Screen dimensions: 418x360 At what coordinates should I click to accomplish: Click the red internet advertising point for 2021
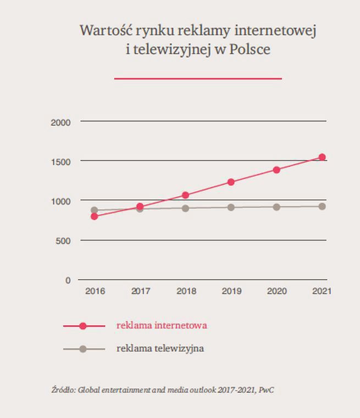pyautogui.click(x=322, y=158)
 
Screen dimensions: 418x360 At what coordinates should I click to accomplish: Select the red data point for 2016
pyautogui.click(x=95, y=216)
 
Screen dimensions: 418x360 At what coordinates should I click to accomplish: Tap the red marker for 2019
pyautogui.click(x=231, y=182)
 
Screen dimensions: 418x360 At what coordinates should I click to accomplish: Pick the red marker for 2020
pyautogui.click(x=276, y=170)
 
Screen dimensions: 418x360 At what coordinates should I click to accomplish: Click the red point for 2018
pyautogui.click(x=185, y=195)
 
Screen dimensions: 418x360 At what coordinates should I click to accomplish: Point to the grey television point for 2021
pyautogui.click(x=322, y=207)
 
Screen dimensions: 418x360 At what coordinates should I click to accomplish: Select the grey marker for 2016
pyautogui.click(x=95, y=210)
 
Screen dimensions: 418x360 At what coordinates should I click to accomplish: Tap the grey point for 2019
pyautogui.click(x=231, y=208)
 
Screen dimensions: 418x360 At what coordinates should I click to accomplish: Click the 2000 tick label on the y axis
pyautogui.click(x=60, y=122)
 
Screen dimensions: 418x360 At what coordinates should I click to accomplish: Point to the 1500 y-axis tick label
pyautogui.click(x=60, y=162)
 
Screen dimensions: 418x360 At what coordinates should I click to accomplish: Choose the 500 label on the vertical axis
pyautogui.click(x=64, y=241)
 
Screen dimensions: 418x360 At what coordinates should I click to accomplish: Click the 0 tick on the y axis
pyautogui.click(x=68, y=280)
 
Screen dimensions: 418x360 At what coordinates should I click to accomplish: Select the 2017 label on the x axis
pyautogui.click(x=141, y=291)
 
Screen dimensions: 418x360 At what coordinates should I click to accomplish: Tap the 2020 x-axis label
pyautogui.click(x=276, y=291)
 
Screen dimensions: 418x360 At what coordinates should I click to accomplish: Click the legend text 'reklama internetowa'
pyautogui.click(x=162, y=325)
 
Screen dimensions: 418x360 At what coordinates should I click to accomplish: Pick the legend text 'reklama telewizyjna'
pyautogui.click(x=160, y=348)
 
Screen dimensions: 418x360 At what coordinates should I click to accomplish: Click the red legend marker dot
pyautogui.click(x=83, y=326)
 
